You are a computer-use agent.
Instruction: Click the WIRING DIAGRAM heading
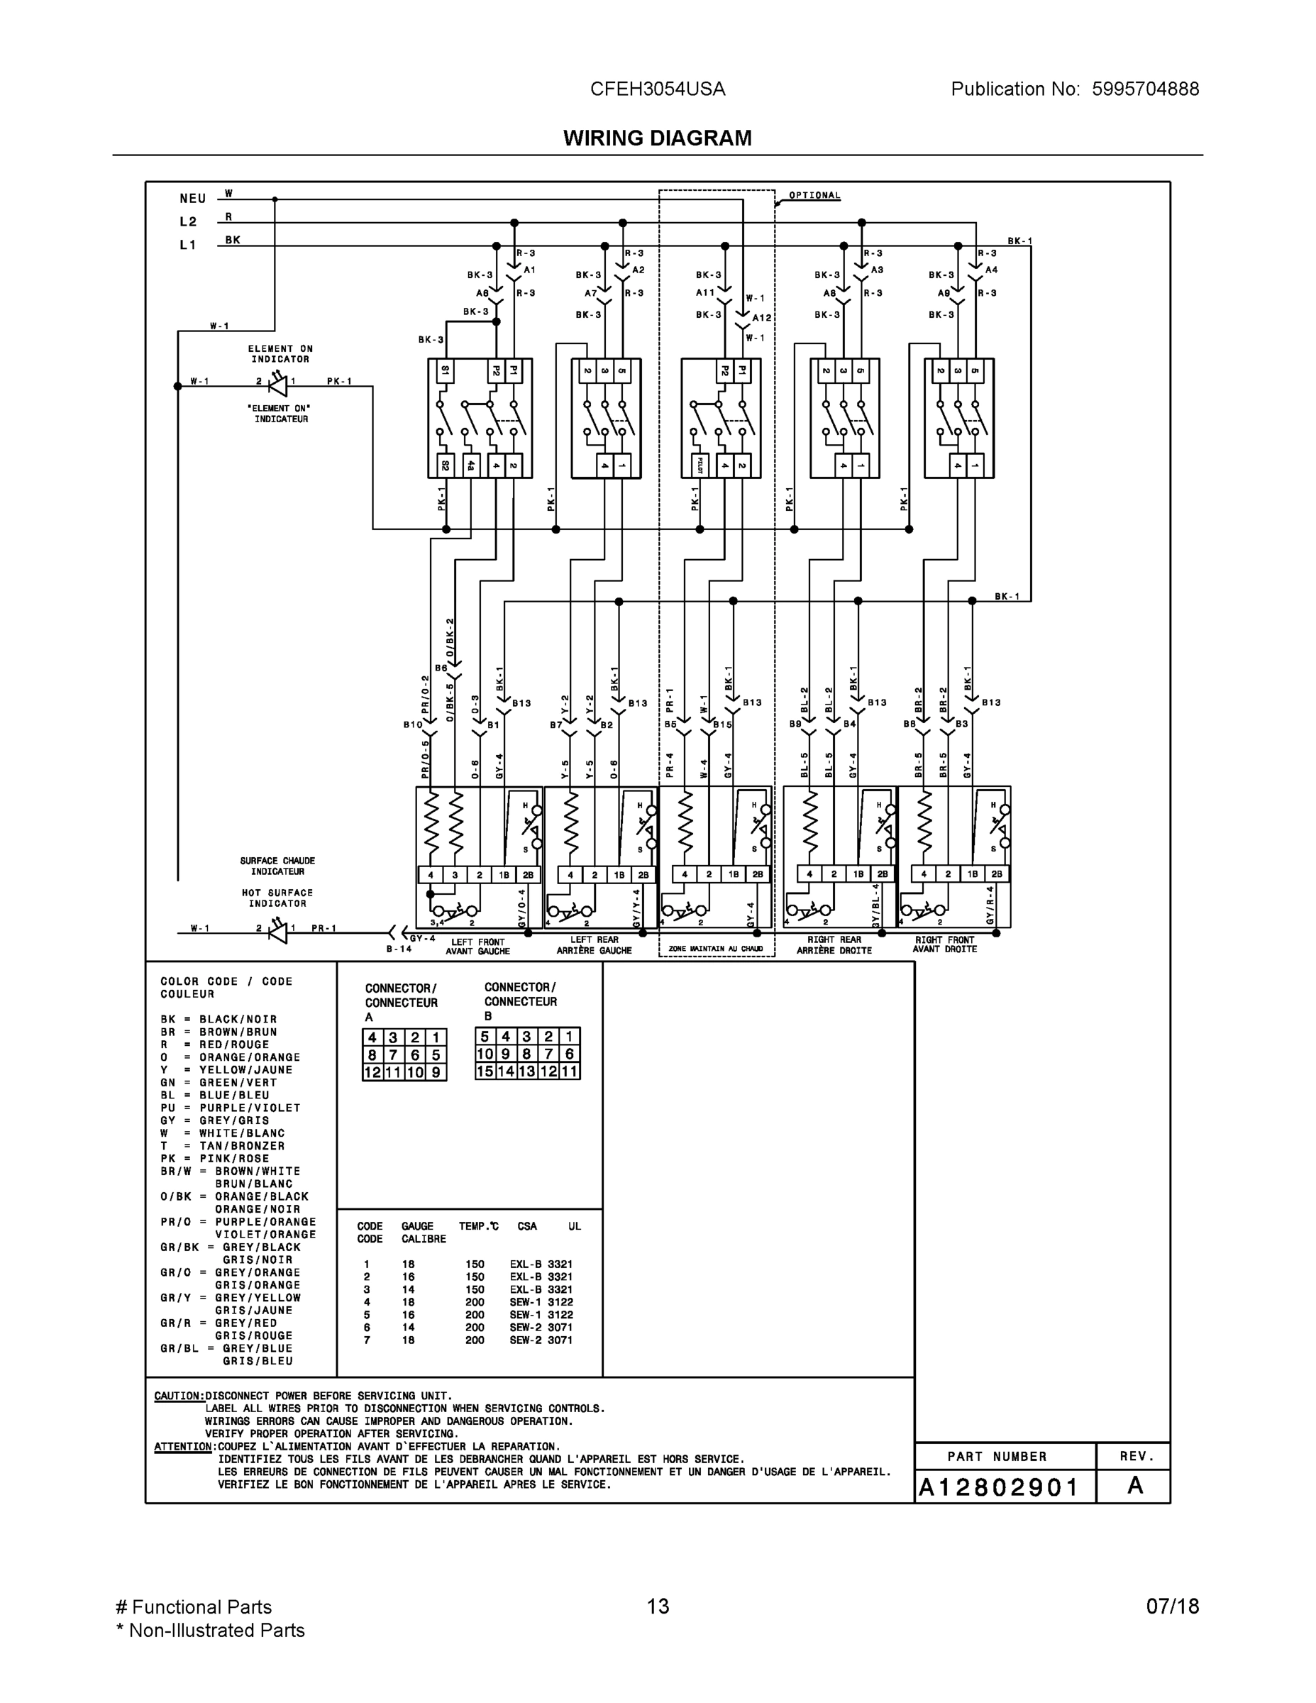657,138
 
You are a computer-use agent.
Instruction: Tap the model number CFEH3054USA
657,89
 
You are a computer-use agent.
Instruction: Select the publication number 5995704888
1144,89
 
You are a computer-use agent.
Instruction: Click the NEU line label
192,199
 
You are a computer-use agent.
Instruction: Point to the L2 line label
188,222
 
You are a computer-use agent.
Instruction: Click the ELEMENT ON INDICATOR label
280,354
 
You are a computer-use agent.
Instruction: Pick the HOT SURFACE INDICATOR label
277,898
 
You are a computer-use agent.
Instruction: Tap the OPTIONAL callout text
814,196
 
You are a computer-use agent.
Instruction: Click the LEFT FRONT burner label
477,946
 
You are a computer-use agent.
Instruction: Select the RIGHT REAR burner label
834,945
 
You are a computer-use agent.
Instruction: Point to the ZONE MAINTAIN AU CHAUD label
716,949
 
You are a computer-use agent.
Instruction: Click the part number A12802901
998,1488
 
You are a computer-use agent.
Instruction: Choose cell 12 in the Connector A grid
372,1072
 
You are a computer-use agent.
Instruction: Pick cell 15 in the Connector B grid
485,1071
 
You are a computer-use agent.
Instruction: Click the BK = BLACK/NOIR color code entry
219,1019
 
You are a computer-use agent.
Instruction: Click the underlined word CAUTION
179,1396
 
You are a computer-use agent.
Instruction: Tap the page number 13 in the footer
657,1606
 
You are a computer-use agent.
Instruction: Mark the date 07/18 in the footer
1172,1606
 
